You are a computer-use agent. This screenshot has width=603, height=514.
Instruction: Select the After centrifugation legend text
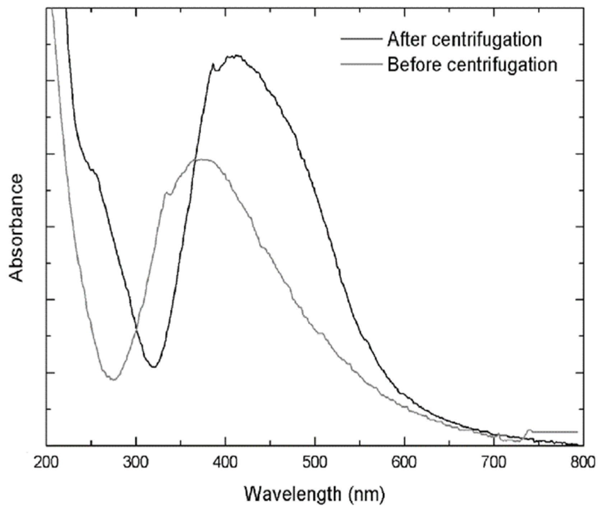464,39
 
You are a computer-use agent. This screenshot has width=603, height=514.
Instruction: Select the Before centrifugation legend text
472,65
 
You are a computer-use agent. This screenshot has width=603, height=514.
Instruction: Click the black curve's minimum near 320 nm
154,367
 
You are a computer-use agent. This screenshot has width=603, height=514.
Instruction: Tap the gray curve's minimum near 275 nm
113,379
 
